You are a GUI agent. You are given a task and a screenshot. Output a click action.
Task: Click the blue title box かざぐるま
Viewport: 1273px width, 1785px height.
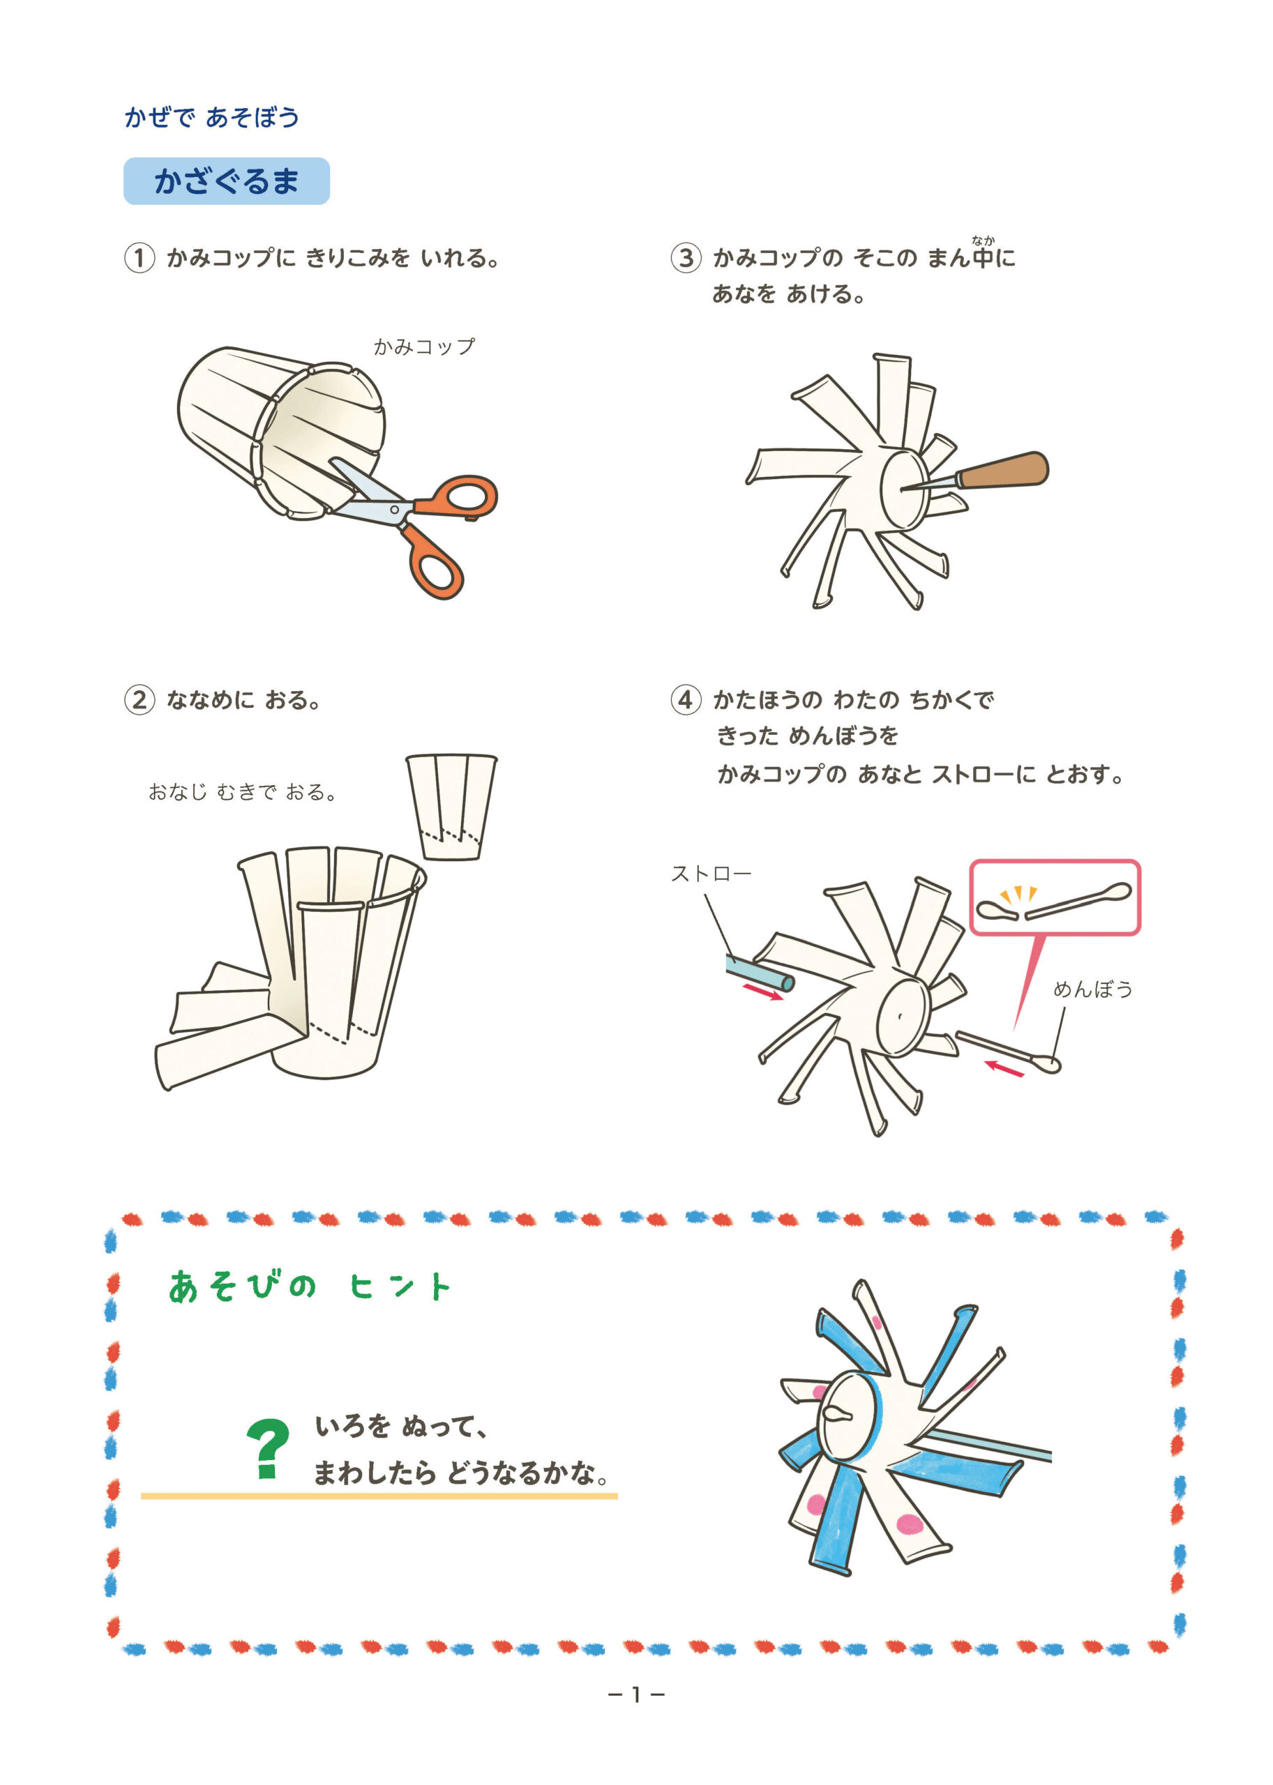tap(227, 181)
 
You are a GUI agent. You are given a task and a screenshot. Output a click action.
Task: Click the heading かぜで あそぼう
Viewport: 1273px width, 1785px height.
tap(211, 118)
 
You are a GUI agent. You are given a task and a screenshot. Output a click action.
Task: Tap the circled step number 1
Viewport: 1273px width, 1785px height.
tap(139, 257)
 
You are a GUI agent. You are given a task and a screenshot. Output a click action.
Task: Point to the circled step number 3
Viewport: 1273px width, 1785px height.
tap(685, 257)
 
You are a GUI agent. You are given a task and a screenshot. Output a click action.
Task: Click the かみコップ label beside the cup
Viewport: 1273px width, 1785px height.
tap(424, 347)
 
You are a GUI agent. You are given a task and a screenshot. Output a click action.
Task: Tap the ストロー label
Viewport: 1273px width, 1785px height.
tap(711, 873)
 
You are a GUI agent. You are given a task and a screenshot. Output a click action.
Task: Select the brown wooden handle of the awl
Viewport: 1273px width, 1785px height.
tap(1003, 470)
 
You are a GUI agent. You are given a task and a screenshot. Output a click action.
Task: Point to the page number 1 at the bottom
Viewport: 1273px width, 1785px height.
tap(636, 1695)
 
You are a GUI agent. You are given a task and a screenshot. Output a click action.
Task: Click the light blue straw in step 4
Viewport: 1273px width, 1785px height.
tap(759, 973)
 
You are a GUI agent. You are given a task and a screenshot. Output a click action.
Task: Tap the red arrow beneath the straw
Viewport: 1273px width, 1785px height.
tap(762, 993)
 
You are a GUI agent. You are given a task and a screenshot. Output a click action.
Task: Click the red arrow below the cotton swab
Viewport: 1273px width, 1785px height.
tap(1004, 1068)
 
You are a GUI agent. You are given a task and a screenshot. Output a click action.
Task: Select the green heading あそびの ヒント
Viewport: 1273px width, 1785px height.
tap(310, 1286)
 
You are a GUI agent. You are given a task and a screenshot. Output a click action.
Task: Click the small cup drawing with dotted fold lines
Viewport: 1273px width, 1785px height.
tap(451, 807)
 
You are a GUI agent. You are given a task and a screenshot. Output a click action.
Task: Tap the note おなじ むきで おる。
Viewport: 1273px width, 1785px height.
tap(242, 792)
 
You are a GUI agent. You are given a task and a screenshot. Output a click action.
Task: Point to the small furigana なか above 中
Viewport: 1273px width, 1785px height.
tap(983, 241)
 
